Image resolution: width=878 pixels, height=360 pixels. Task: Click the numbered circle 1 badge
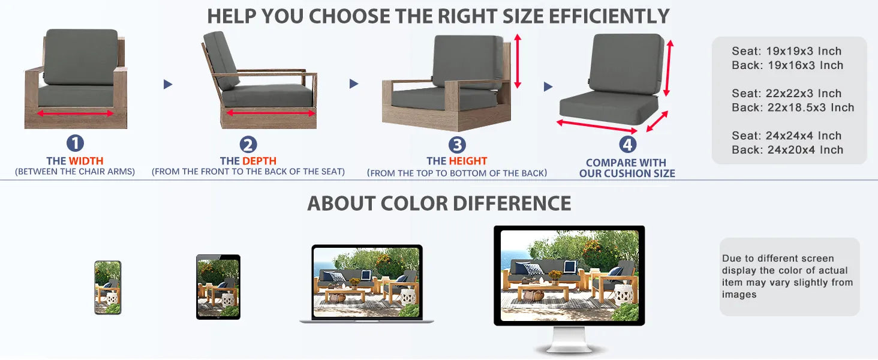tap(75, 143)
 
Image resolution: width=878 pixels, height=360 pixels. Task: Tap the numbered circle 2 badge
tap(248, 144)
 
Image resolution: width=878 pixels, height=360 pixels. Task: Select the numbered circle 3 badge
tap(457, 145)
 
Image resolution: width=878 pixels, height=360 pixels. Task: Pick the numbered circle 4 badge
tap(627, 145)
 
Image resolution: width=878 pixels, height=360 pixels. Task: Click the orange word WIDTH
tap(86, 161)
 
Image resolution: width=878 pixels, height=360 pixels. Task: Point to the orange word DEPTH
tap(259, 161)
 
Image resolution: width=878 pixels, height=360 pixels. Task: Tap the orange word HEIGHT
tap(468, 161)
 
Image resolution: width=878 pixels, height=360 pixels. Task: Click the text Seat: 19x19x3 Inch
tap(786, 52)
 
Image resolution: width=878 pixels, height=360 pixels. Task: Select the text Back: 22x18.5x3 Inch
tap(793, 108)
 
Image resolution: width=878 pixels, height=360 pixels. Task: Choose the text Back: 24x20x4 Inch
tap(787, 150)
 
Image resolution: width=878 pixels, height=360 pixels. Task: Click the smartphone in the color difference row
tap(107, 287)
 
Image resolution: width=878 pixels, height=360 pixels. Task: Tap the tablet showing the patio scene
tap(218, 287)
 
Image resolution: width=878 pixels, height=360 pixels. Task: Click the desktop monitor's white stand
tap(569, 341)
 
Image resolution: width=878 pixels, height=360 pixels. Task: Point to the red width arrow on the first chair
tap(76, 113)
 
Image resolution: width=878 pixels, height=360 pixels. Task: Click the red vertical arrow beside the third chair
tap(518, 61)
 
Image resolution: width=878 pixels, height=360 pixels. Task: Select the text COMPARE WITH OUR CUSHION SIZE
tap(627, 168)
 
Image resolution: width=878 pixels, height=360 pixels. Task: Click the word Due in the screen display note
tap(732, 259)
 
